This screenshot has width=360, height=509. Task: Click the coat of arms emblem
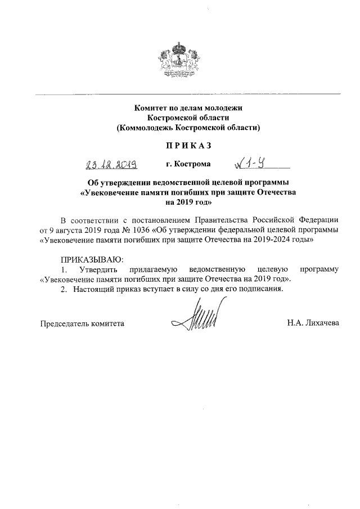(x=179, y=58)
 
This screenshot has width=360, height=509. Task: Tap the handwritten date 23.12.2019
(x=112, y=164)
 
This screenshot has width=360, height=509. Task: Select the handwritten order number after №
(x=254, y=164)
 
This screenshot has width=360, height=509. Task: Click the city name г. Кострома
(x=188, y=164)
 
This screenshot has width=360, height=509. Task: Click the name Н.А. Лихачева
(x=313, y=324)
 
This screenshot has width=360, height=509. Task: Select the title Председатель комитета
(x=82, y=324)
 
